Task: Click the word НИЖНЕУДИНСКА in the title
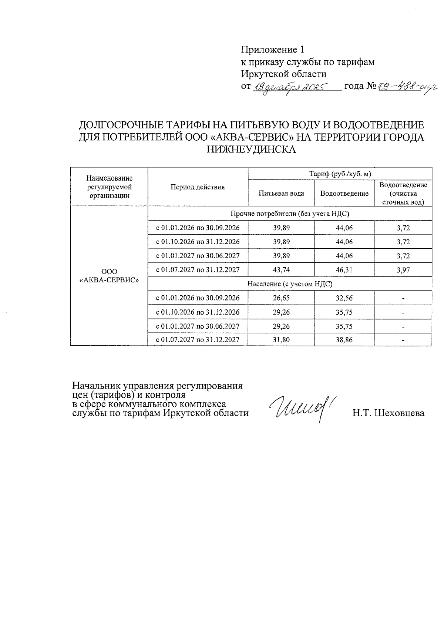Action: (251, 150)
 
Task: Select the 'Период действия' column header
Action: (198, 187)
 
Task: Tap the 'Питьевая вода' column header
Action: (281, 193)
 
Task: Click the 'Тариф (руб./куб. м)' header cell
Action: (340, 174)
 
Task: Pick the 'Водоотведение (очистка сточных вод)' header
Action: (403, 193)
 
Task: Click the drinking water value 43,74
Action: (281, 270)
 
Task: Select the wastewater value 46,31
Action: (344, 270)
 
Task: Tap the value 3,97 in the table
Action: (403, 270)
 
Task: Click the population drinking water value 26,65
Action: (281, 298)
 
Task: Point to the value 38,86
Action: (344, 339)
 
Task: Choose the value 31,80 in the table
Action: (281, 339)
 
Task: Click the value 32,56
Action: (344, 298)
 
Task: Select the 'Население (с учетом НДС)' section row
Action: (290, 284)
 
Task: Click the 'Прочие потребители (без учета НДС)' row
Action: (290, 214)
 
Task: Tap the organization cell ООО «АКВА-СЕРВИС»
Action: (109, 276)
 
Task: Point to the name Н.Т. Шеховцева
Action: (388, 413)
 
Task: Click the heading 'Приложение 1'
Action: (272, 50)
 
